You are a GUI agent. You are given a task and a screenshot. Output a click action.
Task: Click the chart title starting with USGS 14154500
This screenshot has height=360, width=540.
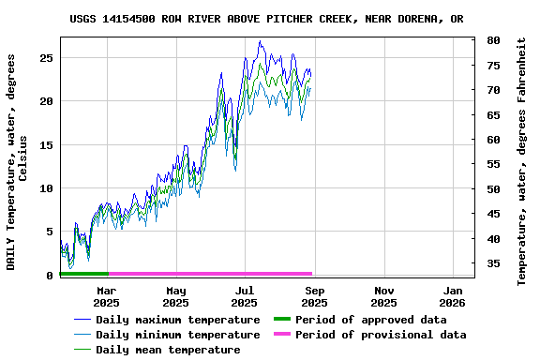[x=266, y=19]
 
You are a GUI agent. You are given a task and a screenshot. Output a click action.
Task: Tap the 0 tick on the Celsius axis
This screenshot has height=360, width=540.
[x=49, y=276]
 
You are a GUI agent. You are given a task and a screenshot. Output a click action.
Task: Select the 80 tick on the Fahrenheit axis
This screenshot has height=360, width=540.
[x=493, y=41]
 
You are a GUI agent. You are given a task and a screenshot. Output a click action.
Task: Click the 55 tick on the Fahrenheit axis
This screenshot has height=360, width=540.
[x=493, y=164]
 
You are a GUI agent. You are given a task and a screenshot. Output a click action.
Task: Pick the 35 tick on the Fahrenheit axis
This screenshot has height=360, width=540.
[x=493, y=263]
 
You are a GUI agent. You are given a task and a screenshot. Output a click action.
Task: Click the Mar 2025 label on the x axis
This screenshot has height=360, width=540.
[x=106, y=296]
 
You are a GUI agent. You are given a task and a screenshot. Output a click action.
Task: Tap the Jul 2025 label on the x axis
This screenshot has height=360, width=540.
[x=245, y=296]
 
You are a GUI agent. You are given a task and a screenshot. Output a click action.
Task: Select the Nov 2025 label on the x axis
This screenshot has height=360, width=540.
[x=383, y=296]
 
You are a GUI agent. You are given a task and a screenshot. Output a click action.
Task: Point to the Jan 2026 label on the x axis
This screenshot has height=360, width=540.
[x=453, y=296]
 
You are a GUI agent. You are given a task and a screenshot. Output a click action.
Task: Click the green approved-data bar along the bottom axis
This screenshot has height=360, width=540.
[x=83, y=274]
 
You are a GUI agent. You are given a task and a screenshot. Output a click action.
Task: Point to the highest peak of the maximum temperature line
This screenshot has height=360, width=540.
[x=260, y=41]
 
